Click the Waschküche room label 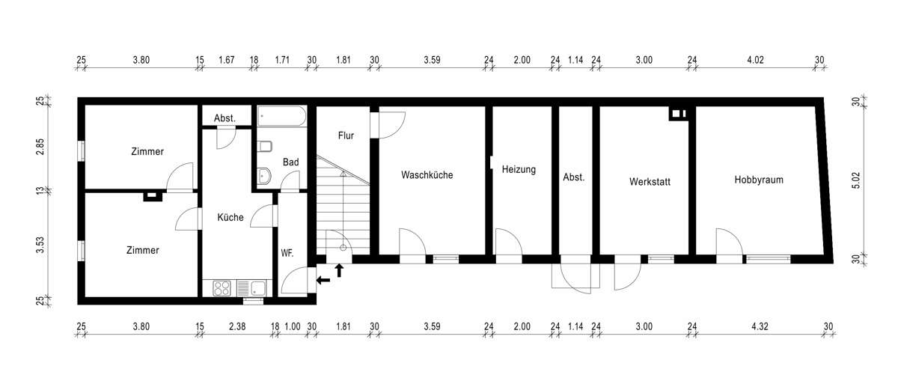coord(427,175)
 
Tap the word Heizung coord(519,170)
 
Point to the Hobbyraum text coord(758,180)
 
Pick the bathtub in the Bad coord(281,116)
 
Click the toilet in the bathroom coord(265,147)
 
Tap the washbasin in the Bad coord(264,176)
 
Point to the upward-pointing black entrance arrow coord(339,270)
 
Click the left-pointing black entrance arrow coord(323,281)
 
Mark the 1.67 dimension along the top coord(227,60)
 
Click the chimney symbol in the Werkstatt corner coord(679,114)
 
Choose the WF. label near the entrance coord(287,253)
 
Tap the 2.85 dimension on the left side coord(41,145)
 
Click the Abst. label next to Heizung coord(573,178)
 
